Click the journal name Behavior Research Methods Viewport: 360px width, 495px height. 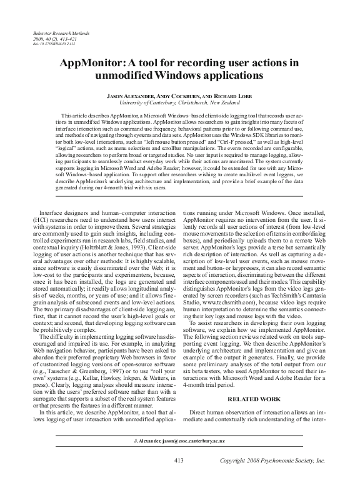57,31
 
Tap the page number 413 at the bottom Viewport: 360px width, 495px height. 179,478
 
